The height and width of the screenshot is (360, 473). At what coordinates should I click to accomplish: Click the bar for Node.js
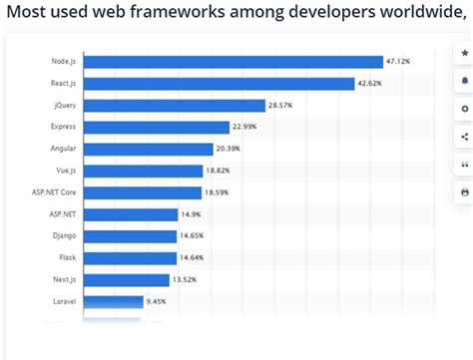coord(234,62)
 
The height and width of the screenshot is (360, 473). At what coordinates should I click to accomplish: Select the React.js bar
coord(220,84)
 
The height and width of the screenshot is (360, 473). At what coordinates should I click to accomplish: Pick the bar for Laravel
coord(112,299)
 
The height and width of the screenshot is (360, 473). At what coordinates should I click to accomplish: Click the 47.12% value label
coord(398,62)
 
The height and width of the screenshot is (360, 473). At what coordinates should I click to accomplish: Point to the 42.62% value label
coord(369,84)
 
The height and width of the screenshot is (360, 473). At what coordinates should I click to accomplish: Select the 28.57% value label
coord(280,105)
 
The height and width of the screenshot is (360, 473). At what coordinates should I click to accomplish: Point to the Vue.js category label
coord(64,171)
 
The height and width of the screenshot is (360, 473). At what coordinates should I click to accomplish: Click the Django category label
coord(64,235)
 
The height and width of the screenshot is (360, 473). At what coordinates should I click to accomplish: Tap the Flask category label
coord(66,256)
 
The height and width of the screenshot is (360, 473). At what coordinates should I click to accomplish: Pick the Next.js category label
coord(63,278)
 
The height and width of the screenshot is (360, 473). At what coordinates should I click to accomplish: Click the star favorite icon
coord(464,52)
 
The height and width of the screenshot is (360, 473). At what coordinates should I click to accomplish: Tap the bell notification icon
coord(464,80)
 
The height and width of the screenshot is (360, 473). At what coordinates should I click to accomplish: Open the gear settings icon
coord(464,108)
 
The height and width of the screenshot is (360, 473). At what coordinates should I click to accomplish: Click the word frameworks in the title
coord(200,13)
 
